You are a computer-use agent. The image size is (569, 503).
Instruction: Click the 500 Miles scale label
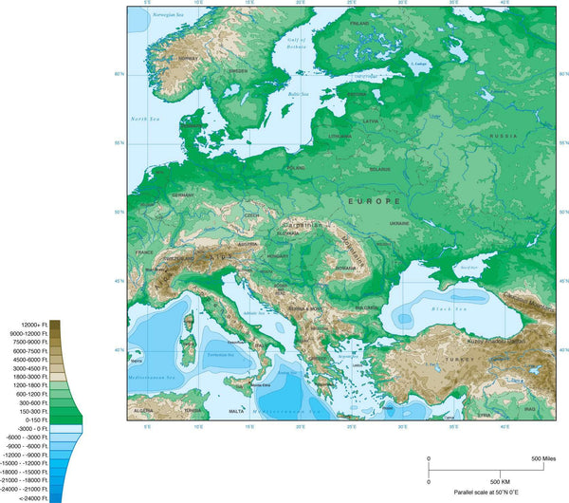[541, 459]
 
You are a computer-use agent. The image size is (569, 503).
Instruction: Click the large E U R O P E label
[375, 202]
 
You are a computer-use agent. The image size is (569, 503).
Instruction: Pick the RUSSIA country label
[503, 137]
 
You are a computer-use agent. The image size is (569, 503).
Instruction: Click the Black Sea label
[445, 310]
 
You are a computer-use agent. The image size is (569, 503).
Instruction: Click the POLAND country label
[297, 168]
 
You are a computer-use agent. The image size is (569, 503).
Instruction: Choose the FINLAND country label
[359, 23]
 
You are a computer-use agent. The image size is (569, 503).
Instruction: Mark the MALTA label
[236, 411]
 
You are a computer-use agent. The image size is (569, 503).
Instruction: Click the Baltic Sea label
[300, 94]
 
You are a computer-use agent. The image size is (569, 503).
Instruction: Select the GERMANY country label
[183, 195]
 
